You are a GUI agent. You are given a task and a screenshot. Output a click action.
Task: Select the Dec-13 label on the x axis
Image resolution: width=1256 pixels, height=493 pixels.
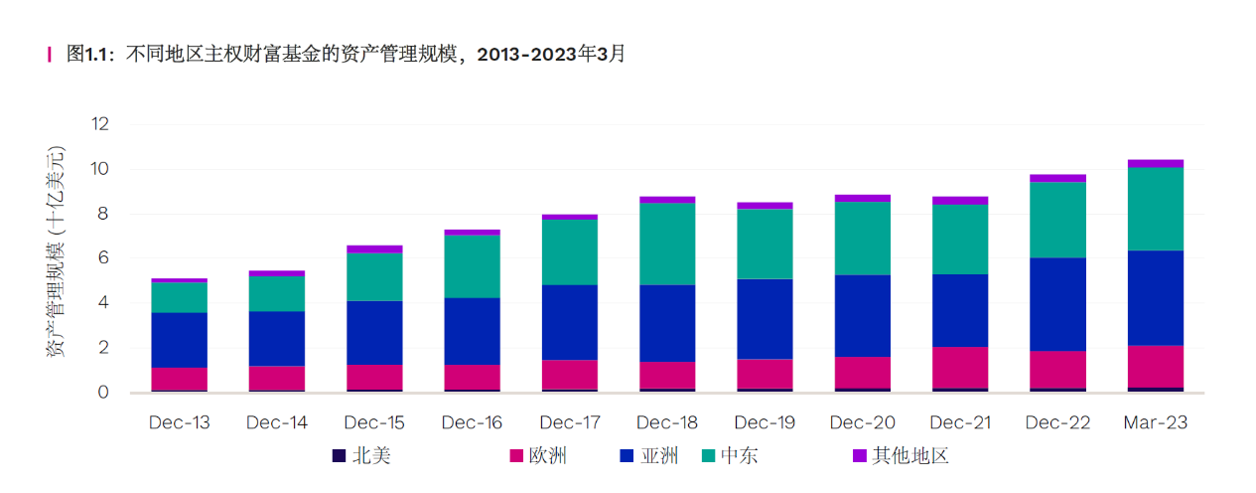180,422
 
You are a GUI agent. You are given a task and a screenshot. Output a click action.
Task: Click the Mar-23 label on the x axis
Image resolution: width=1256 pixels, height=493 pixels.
1155,422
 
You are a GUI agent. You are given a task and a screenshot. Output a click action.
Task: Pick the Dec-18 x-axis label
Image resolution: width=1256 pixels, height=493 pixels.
667,422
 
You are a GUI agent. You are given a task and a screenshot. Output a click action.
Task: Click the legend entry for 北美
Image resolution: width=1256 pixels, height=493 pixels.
363,456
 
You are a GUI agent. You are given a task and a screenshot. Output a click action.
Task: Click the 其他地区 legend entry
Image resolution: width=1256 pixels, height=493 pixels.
900,456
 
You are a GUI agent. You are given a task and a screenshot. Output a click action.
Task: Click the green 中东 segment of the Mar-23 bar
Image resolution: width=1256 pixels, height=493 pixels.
1155,209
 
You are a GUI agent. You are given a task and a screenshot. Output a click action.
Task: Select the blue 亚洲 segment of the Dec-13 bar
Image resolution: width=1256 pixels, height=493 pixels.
180,340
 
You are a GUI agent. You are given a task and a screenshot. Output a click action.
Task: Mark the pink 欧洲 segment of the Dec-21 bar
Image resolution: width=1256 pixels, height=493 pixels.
959,367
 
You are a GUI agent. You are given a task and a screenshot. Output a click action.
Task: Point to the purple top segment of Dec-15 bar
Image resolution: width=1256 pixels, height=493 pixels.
374,249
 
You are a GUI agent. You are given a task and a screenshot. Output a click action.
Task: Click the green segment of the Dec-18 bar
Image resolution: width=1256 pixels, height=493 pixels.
667,244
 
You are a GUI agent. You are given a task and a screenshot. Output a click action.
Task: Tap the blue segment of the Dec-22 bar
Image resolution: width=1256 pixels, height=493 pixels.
1057,304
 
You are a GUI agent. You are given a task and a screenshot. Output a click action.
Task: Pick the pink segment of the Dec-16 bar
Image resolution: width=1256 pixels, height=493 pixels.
472,377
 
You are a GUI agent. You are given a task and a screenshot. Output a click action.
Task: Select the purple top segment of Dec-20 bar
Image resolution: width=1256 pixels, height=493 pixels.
862,198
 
